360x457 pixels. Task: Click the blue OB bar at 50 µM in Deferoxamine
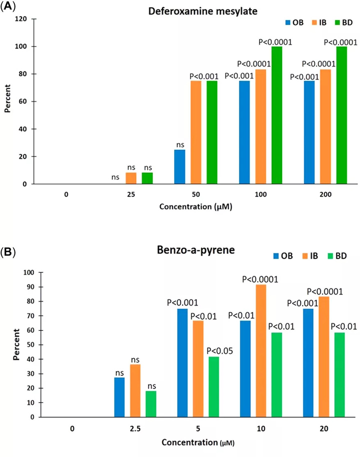[179, 167]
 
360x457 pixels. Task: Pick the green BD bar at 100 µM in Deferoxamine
[276, 115]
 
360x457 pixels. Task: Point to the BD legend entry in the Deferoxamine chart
[344, 22]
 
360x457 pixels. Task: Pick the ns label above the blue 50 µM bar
[179, 145]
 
